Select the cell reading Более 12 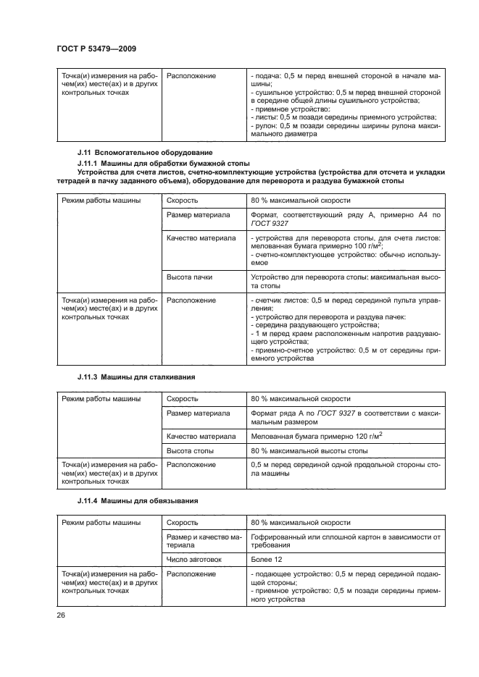click(x=265, y=558)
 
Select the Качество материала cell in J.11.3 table click(x=201, y=436)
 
